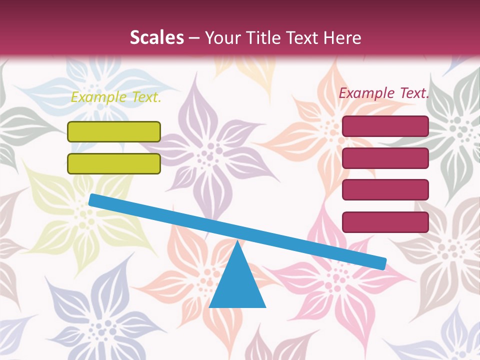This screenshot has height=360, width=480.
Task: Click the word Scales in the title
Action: click(157, 38)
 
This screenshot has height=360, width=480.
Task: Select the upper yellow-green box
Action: click(114, 131)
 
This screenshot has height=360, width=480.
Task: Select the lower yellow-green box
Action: click(114, 163)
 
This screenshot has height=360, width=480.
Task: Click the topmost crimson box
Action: click(385, 126)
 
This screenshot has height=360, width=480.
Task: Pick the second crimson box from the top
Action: click(385, 158)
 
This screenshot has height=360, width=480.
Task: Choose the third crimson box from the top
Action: click(385, 189)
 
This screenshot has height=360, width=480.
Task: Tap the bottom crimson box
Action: click(385, 222)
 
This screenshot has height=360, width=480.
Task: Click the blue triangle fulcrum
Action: click(237, 285)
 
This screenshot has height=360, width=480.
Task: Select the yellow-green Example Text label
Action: click(116, 97)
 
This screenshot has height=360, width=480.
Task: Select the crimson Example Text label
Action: click(384, 93)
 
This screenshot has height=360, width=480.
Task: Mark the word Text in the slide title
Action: click(302, 38)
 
